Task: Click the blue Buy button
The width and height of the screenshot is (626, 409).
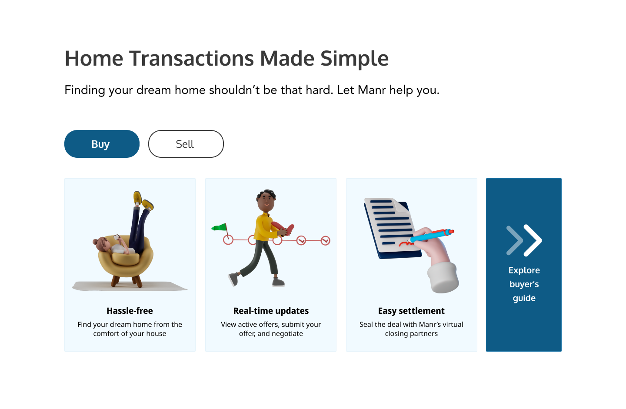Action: (x=102, y=144)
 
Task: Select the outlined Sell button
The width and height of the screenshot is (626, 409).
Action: (x=186, y=144)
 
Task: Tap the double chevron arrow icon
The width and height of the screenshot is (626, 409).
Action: (x=524, y=240)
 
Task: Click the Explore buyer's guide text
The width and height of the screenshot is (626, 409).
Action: (x=524, y=284)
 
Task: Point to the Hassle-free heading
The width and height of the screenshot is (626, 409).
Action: (x=130, y=311)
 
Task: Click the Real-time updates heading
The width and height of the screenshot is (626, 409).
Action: (x=271, y=311)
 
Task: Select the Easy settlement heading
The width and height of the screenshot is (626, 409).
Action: (x=411, y=311)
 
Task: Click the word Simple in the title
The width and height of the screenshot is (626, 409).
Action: (x=354, y=59)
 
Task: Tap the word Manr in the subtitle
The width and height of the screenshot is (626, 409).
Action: (x=372, y=90)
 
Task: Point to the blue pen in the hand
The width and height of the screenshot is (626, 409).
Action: (x=432, y=236)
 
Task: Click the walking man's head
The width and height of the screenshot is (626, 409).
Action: (x=266, y=200)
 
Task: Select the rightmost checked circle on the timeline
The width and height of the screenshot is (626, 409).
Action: (x=325, y=240)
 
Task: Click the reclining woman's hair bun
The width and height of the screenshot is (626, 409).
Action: (x=95, y=242)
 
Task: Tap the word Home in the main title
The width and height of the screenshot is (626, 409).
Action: (x=94, y=59)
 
